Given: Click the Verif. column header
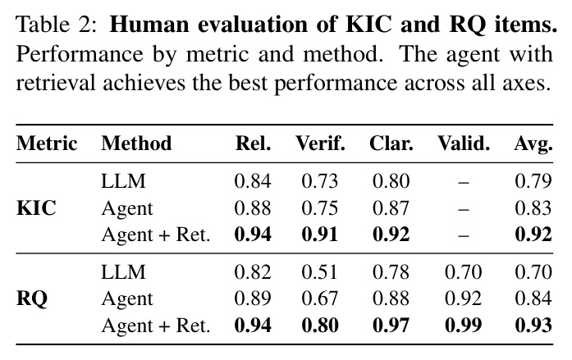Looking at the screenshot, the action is pos(320,144).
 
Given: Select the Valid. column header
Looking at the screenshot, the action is pos(464,144).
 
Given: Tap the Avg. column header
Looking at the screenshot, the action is pos(533,144).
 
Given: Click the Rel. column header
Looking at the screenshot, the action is pos(253,144).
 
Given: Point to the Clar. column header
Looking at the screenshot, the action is pos(391,144).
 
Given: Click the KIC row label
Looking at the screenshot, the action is pos(36,208).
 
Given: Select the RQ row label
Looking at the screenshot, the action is pos(32,299).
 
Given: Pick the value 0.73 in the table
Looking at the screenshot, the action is pos(320,181).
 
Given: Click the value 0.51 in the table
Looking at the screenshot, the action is pos(320,272).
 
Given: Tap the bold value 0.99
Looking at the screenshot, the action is pos(464,325).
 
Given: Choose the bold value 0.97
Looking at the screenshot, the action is pos(391,325).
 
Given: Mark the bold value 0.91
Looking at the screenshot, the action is pos(320,235).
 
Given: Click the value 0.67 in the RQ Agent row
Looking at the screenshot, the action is pos(320,298).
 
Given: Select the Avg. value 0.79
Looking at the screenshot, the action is pos(533,181).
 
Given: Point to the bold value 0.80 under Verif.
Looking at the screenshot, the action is pos(320,325).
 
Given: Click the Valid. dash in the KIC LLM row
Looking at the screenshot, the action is pos(464,182).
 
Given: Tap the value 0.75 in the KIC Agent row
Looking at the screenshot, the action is pos(320,208).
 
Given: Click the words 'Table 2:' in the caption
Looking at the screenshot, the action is pos(57,25).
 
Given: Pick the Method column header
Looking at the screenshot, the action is pos(136,144).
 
